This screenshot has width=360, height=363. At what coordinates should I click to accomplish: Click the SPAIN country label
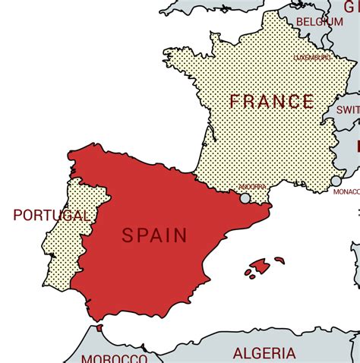tap(154, 235)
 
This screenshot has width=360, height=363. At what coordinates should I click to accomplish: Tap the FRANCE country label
tap(272, 102)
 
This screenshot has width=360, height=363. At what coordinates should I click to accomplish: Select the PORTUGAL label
tap(51, 216)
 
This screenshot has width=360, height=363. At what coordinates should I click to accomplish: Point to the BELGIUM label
tap(320, 22)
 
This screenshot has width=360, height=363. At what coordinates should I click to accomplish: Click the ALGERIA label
tap(264, 353)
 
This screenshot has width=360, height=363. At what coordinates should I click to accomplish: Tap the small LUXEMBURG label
tap(312, 57)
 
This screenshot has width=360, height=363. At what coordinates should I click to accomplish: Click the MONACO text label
tap(346, 192)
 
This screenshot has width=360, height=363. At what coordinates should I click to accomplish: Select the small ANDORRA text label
tap(252, 187)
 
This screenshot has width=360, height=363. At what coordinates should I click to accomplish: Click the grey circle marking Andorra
tap(245, 198)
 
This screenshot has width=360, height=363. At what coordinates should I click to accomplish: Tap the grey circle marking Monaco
tap(336, 181)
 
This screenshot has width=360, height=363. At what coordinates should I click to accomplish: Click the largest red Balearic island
tap(260, 266)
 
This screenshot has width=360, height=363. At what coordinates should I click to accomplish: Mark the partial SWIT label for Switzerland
tap(349, 109)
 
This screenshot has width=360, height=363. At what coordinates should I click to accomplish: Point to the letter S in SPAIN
tap(128, 236)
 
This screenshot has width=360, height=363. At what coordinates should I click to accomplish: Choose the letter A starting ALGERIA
tap(238, 353)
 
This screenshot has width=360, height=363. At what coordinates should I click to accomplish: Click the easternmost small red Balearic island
tap(279, 260)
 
